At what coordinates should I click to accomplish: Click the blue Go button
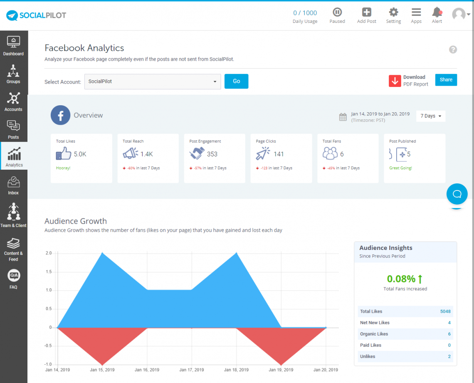236,82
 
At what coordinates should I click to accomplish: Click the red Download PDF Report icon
395,81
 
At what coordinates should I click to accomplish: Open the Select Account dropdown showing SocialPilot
153,82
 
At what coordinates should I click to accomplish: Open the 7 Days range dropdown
430,116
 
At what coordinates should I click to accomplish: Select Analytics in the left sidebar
14,157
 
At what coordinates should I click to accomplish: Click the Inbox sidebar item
13,185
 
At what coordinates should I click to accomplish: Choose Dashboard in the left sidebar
13,46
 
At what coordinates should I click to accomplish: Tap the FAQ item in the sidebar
13,279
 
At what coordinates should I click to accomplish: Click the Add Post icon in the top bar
366,15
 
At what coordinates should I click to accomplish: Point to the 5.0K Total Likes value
80,154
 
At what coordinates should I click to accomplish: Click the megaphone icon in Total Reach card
130,154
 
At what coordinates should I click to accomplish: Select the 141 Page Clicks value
279,154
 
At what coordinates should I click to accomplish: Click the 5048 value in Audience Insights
445,311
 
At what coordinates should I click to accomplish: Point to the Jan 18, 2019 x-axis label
237,370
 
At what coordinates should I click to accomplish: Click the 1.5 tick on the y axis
48,272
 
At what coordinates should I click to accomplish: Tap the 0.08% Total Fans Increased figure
401,279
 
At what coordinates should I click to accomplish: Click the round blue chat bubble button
457,194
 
